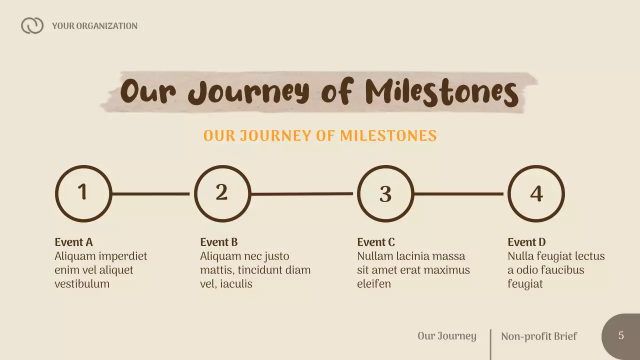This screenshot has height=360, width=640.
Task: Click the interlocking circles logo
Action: pos(32,25)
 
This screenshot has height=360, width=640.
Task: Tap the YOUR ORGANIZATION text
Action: pos(94,26)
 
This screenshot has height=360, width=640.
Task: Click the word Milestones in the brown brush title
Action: pos(441,92)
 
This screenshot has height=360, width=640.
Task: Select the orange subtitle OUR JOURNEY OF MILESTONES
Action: pos(320,135)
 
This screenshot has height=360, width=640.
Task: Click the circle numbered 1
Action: pos(83,193)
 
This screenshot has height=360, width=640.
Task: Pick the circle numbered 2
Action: pos(222,193)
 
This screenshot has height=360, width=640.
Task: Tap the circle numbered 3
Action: pos(385,193)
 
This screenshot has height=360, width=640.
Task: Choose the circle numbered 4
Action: pos(536,193)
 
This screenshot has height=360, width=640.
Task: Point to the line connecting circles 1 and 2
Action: pos(151,194)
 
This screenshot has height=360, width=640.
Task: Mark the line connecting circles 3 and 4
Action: pos(458,194)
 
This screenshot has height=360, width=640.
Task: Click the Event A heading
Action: pos(73,242)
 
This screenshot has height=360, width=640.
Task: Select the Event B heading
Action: pos(219,242)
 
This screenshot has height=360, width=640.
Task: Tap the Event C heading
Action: pos(376,242)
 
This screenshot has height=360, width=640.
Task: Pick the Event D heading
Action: pos(526,242)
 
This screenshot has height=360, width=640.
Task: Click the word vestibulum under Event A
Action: pos(82,284)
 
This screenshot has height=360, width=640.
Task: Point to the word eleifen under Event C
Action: pos(374,284)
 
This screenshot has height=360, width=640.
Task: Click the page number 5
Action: pos(621,335)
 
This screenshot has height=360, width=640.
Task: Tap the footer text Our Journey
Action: pos(447,335)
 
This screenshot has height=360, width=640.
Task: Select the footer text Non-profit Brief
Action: pos(539,336)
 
